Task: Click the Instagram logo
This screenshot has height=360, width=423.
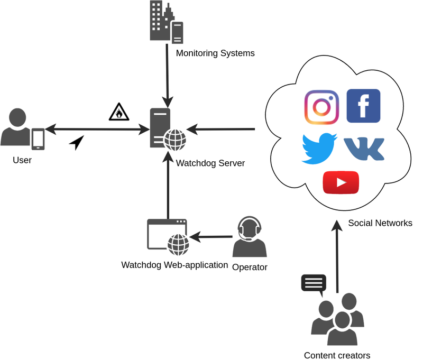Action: click(321, 107)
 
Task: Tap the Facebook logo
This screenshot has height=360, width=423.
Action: click(363, 106)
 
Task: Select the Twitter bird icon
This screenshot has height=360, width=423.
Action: click(319, 148)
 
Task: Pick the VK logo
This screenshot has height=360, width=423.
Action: click(364, 149)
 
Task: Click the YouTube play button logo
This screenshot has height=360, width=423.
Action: click(341, 183)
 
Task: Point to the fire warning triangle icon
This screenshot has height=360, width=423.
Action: click(118, 112)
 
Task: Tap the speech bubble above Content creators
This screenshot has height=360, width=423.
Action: click(313, 283)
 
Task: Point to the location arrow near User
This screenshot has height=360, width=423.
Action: click(77, 142)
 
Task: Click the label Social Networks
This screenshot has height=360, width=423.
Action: click(380, 223)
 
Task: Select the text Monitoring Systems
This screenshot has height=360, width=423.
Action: click(215, 53)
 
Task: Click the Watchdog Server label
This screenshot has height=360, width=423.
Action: click(210, 163)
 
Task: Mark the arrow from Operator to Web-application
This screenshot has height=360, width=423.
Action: click(212, 236)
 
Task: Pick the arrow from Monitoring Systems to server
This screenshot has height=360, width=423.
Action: click(167, 74)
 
